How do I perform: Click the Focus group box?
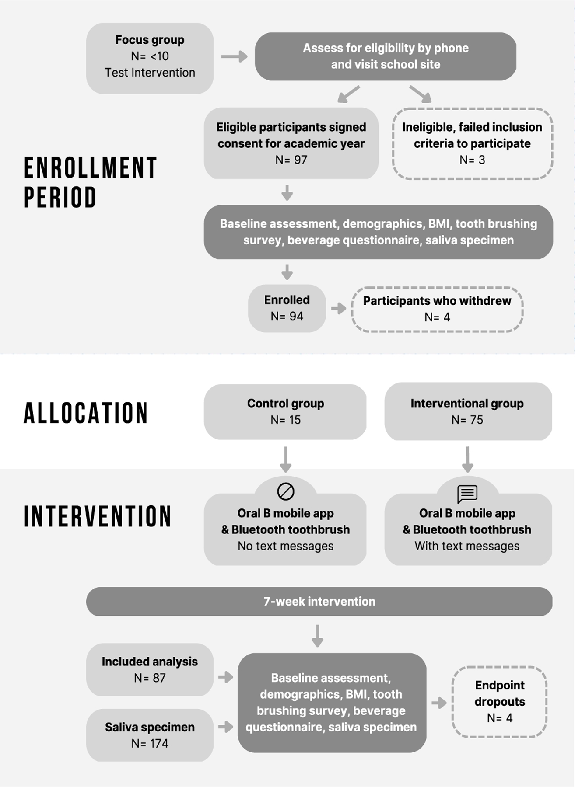tap(150, 58)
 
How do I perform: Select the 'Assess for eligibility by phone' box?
tap(385, 56)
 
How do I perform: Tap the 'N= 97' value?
tap(291, 160)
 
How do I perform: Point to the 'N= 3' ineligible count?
tap(472, 160)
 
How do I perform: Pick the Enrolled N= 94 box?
tap(287, 308)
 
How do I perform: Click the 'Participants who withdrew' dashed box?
tap(437, 309)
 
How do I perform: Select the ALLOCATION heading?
tap(86, 413)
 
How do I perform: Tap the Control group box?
tap(285, 411)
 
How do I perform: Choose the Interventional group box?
tap(467, 411)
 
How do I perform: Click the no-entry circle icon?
tap(286, 491)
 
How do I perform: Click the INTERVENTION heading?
tap(97, 516)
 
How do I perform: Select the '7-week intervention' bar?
tap(319, 602)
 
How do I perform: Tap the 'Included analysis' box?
tap(150, 669)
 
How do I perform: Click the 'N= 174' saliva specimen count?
tap(150, 743)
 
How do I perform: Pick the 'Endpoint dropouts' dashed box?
tap(499, 702)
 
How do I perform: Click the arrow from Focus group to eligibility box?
tap(234, 56)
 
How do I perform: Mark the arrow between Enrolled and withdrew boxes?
tap(339, 309)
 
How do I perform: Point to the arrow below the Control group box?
tap(286, 459)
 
